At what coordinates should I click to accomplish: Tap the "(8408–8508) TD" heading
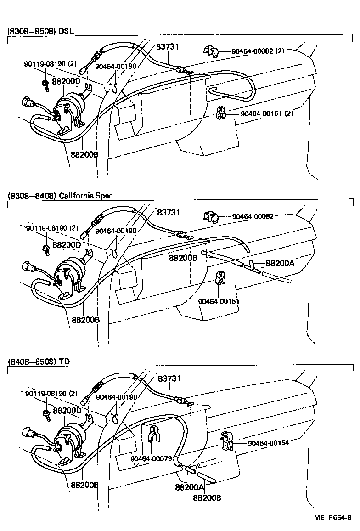point(39,362)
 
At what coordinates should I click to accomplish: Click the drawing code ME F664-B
point(333,518)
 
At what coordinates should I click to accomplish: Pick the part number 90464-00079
point(151,458)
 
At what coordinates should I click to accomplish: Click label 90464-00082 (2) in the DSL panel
point(258,51)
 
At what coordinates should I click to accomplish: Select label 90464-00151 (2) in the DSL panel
point(266,113)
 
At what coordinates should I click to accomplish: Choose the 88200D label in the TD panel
point(67,410)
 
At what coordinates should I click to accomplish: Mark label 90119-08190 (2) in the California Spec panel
point(52,228)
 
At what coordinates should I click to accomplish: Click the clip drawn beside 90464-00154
point(227,441)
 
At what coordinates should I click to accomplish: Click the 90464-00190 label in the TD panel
point(116,396)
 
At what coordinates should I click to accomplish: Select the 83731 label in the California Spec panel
point(168,213)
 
